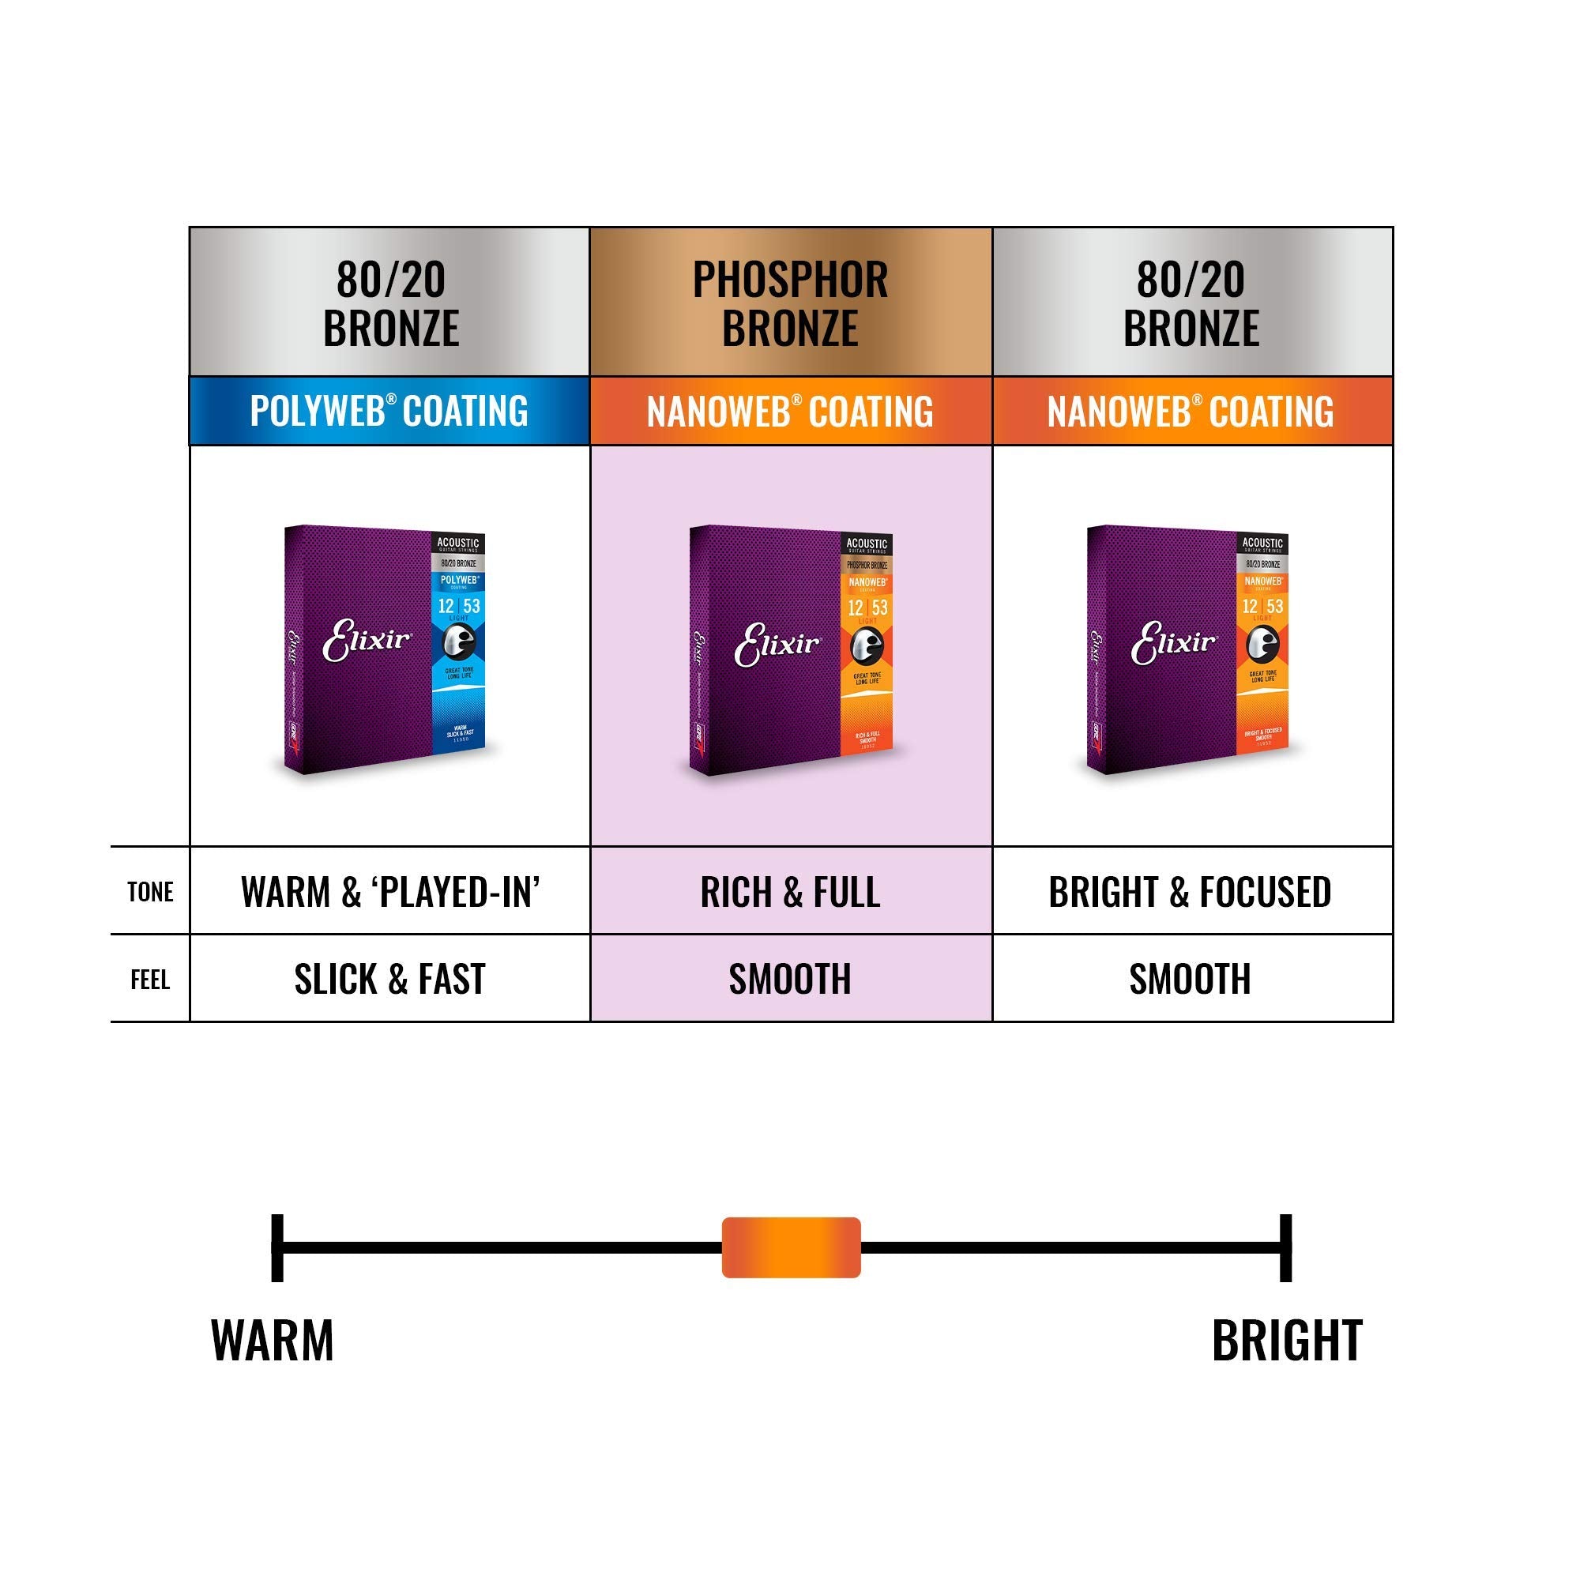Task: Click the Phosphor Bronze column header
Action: tap(790, 303)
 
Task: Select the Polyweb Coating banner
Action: tap(389, 411)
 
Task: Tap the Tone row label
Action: tap(150, 891)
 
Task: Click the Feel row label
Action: tap(150, 979)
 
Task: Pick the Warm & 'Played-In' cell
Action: tap(390, 891)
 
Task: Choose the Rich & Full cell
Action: tap(790, 891)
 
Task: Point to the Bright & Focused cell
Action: tap(1191, 891)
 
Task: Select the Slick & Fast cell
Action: tap(390, 979)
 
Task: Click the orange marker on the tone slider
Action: tap(791, 1247)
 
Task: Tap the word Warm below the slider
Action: tap(273, 1341)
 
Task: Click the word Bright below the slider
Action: tap(1286, 1341)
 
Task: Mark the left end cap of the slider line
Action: tap(277, 1247)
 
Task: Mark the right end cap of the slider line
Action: tap(1285, 1247)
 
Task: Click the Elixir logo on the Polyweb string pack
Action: tap(367, 641)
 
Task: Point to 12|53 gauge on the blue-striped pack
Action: tap(459, 606)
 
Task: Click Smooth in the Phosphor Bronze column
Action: tap(790, 979)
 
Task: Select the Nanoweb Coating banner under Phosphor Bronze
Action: tap(790, 411)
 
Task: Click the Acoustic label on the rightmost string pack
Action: tap(1262, 542)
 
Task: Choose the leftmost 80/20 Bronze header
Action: tap(390, 303)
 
